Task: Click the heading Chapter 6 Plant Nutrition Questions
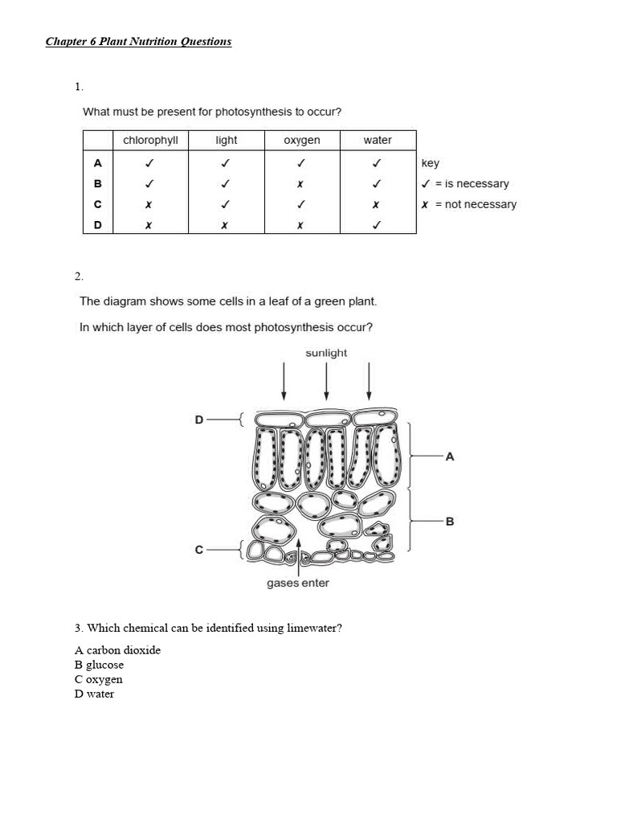(x=138, y=41)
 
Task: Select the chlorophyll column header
(x=150, y=141)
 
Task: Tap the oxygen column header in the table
(x=302, y=141)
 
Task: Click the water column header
(x=378, y=141)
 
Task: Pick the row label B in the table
(x=98, y=183)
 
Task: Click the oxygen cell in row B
(x=300, y=184)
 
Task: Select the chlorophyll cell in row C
(x=149, y=205)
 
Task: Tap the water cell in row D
(x=376, y=226)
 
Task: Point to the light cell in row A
(x=226, y=163)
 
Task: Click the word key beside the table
(x=431, y=163)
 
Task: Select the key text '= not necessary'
(x=476, y=204)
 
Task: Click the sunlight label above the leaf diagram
(x=326, y=353)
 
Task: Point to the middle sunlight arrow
(x=326, y=381)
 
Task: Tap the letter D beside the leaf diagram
(x=199, y=419)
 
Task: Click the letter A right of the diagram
(x=450, y=457)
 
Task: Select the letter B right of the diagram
(x=450, y=521)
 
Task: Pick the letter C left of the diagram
(x=199, y=550)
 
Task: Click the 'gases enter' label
(x=298, y=583)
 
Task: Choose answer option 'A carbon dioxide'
(x=117, y=650)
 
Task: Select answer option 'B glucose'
(x=99, y=665)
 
